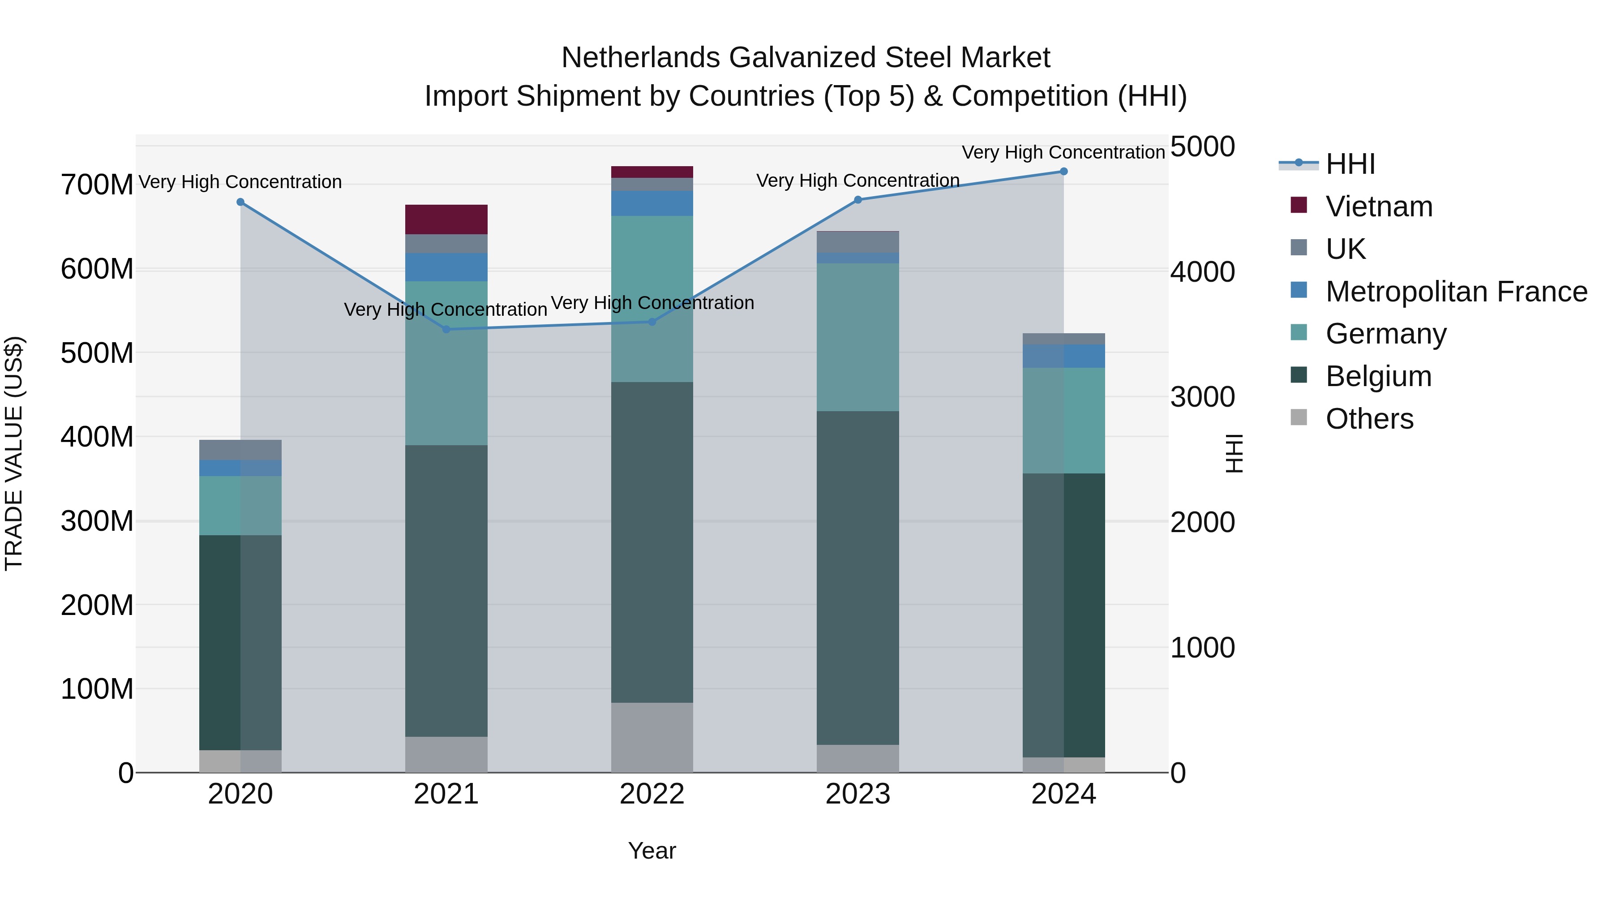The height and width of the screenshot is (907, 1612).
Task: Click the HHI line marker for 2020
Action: pyautogui.click(x=240, y=202)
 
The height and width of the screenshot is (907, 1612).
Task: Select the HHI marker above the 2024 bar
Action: pyautogui.click(x=1063, y=172)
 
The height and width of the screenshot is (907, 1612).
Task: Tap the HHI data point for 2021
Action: pyautogui.click(x=446, y=329)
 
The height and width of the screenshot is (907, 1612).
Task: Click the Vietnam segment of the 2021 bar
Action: pyautogui.click(x=446, y=219)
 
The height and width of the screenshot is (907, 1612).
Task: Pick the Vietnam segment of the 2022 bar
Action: pyautogui.click(x=652, y=172)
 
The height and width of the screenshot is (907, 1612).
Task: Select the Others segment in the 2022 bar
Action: pyautogui.click(x=652, y=737)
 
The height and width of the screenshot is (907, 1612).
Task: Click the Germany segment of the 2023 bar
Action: pyautogui.click(x=857, y=337)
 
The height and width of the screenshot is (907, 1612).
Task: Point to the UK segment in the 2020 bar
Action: pyautogui.click(x=240, y=450)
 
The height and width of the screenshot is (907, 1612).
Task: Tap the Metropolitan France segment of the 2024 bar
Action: pyautogui.click(x=1063, y=356)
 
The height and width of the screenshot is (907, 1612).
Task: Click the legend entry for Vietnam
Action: pyautogui.click(x=1379, y=206)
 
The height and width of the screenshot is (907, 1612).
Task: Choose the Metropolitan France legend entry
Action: pyautogui.click(x=1456, y=292)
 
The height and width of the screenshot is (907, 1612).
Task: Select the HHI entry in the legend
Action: pyautogui.click(x=1350, y=164)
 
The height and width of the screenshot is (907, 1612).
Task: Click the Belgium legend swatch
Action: pyautogui.click(x=1299, y=376)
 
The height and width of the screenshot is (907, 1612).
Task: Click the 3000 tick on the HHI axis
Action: pyautogui.click(x=1202, y=397)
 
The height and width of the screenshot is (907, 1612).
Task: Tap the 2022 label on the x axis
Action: pyautogui.click(x=652, y=794)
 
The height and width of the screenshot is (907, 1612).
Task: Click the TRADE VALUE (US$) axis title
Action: pyautogui.click(x=14, y=453)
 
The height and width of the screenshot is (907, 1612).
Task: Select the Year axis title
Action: pyautogui.click(x=652, y=851)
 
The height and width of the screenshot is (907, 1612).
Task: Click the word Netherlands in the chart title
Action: pyautogui.click(x=641, y=58)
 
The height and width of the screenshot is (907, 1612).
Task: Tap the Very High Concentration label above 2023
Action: pyautogui.click(x=857, y=180)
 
